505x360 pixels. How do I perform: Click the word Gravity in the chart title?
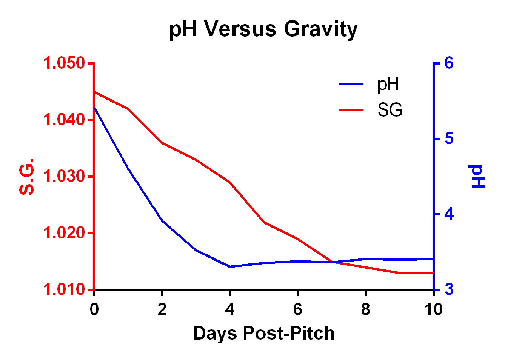(320, 29)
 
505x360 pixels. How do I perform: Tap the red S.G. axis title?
(26, 176)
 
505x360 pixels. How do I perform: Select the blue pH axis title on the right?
(478, 177)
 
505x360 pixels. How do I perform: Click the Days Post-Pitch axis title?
(263, 333)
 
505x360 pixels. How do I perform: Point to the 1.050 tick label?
(64, 63)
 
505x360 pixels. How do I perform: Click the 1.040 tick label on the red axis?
(64, 120)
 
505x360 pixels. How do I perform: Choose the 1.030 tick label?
(64, 176)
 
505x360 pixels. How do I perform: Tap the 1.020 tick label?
(64, 233)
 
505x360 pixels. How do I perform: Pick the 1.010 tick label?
(64, 289)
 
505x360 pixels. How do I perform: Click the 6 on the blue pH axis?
(449, 63)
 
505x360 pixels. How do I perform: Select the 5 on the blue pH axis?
(449, 138)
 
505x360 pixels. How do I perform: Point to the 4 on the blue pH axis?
(449, 214)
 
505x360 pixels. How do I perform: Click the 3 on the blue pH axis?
(449, 290)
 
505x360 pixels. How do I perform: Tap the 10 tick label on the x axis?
(433, 309)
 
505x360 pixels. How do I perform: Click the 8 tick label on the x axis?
(365, 309)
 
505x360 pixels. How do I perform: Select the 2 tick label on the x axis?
(162, 309)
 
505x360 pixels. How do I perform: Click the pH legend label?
(388, 84)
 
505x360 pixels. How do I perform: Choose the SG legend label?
(390, 110)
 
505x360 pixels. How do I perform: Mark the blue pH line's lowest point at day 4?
(230, 266)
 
